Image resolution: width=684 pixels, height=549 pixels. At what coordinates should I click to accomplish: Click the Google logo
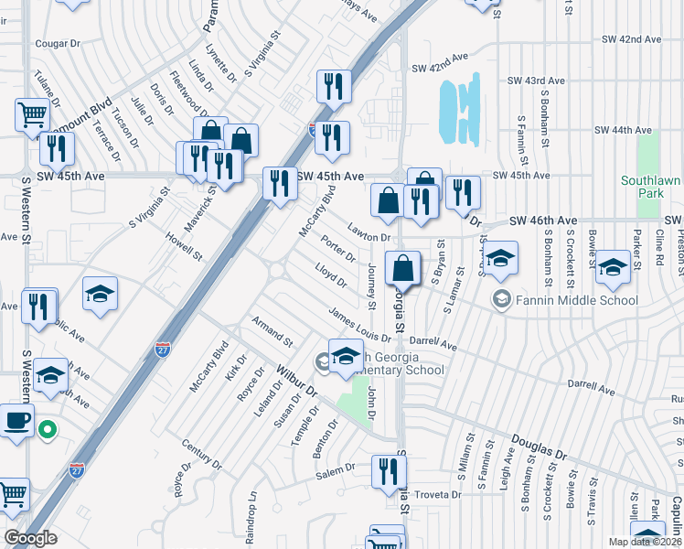click(30, 538)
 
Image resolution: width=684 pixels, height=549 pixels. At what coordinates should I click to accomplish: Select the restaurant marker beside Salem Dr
click(389, 472)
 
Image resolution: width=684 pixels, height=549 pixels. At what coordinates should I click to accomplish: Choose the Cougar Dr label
click(58, 43)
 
